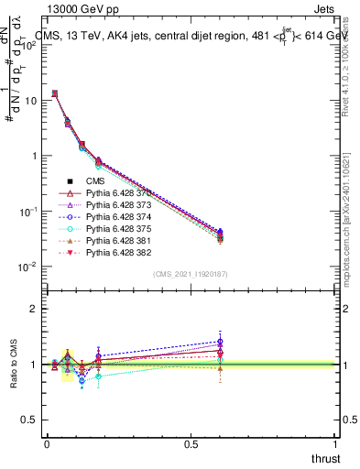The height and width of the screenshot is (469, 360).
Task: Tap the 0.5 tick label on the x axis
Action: pos(191,443)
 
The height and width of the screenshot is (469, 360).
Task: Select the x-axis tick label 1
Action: pos(336,443)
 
